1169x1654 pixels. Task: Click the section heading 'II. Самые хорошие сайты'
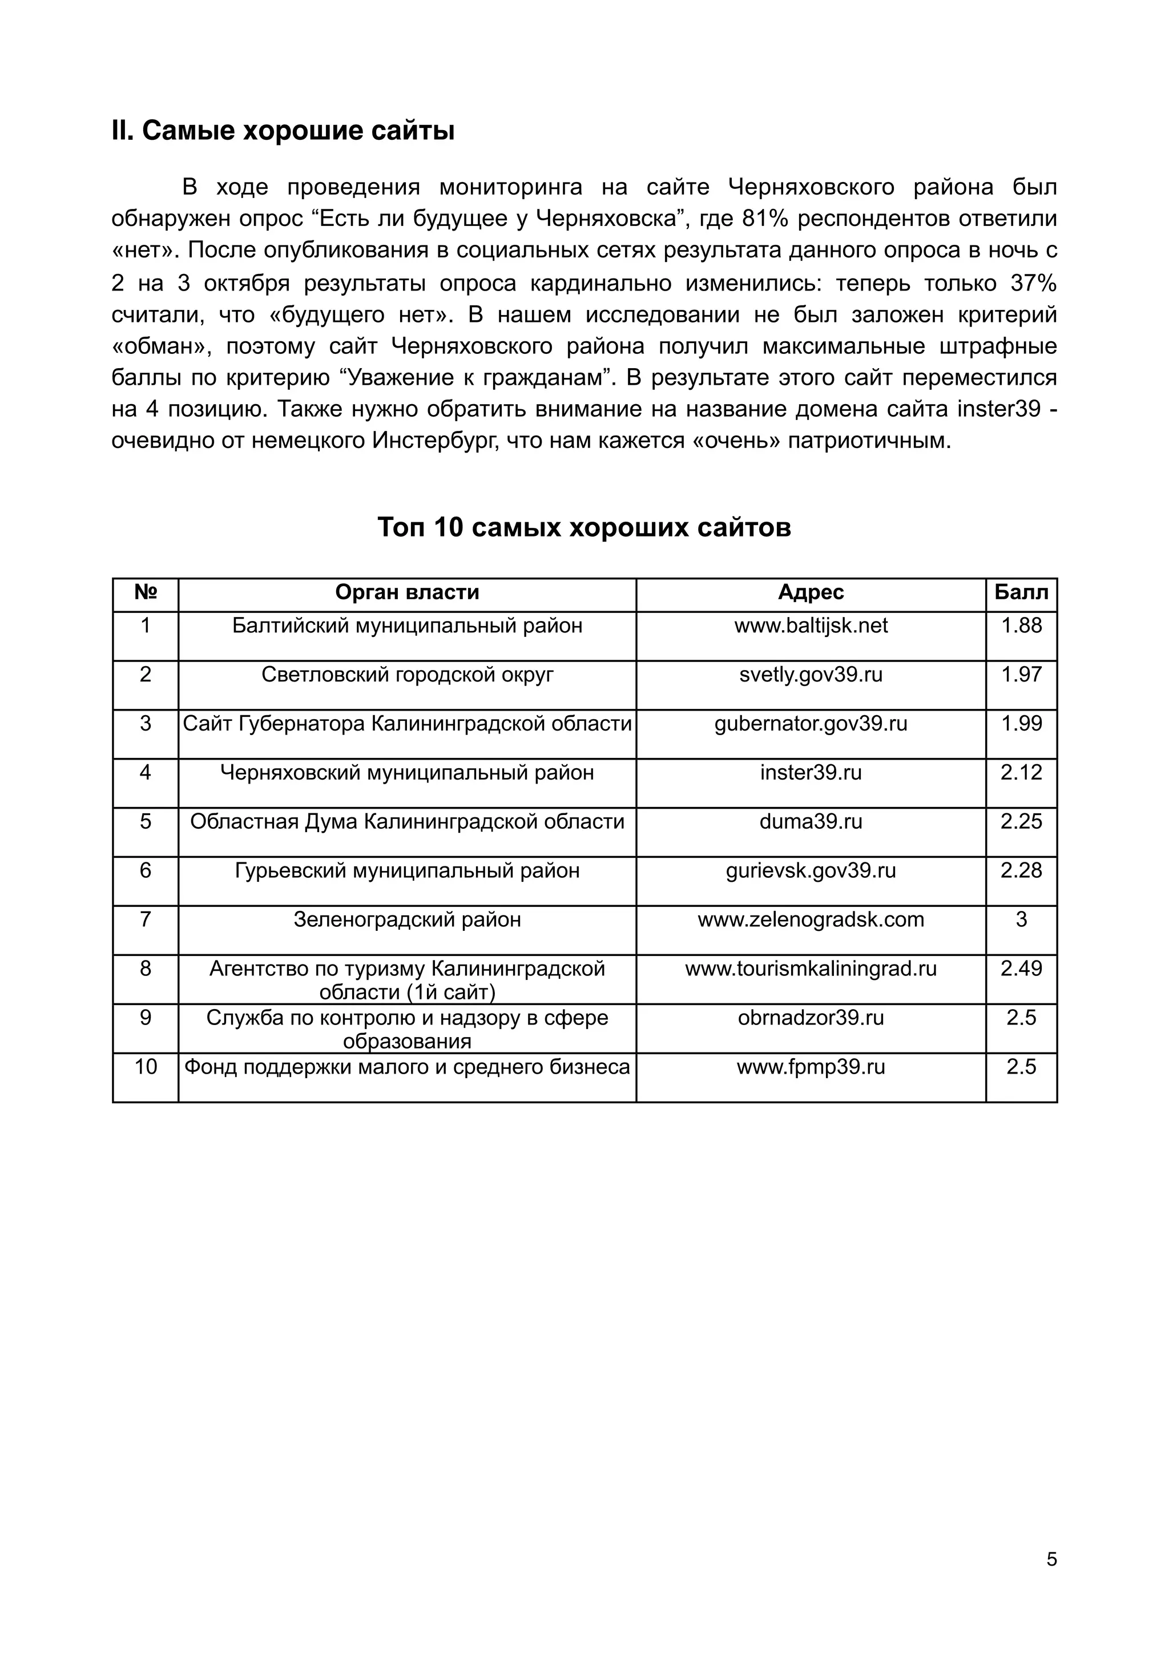tap(283, 131)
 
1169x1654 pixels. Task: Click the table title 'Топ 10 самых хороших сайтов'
tap(584, 527)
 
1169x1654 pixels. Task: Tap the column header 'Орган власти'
tap(407, 592)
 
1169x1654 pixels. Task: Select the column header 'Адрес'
tap(811, 592)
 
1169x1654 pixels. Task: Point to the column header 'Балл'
tap(1021, 592)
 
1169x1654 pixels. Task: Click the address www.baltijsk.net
tap(811, 626)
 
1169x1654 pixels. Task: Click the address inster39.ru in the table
tap(811, 772)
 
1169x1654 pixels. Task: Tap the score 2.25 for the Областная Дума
tap(1021, 821)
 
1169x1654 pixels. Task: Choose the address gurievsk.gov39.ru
tap(811, 870)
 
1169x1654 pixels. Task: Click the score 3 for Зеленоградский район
tap(1021, 919)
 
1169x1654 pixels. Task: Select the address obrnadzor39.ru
tap(811, 1017)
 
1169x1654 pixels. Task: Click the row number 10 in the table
tap(146, 1066)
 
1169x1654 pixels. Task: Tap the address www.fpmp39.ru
tap(811, 1066)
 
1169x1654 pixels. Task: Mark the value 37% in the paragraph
tap(1033, 283)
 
